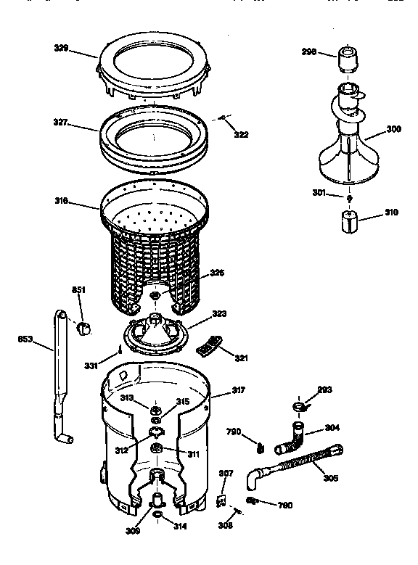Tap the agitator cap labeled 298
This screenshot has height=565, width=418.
(x=347, y=57)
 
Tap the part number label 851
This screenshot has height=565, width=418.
(x=78, y=290)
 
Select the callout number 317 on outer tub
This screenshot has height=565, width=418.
(x=238, y=390)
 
